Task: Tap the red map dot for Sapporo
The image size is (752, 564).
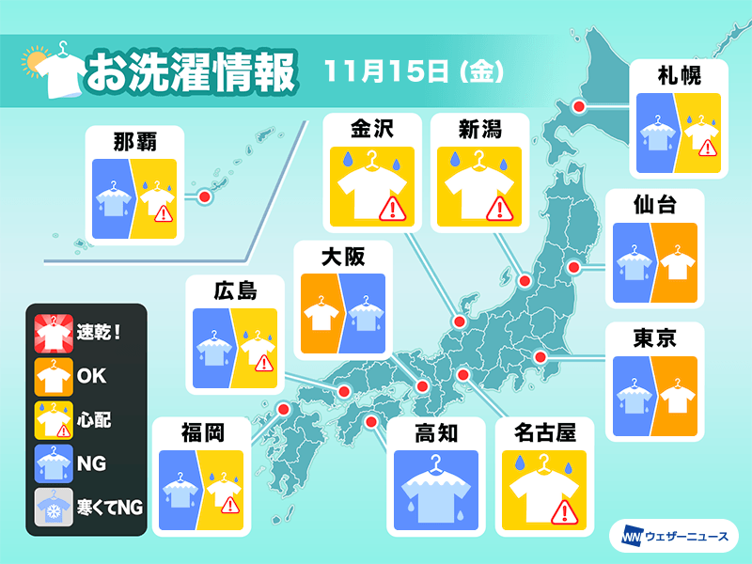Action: pos(578,107)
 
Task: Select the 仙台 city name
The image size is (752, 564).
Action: pos(655,204)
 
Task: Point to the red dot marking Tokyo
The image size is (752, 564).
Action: pos(540,357)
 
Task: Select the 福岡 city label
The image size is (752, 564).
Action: pos(202,432)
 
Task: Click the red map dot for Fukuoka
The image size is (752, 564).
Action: pos(283,409)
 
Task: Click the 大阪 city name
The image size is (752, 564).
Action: pos(342,255)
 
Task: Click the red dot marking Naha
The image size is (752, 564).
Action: pos(203,196)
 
